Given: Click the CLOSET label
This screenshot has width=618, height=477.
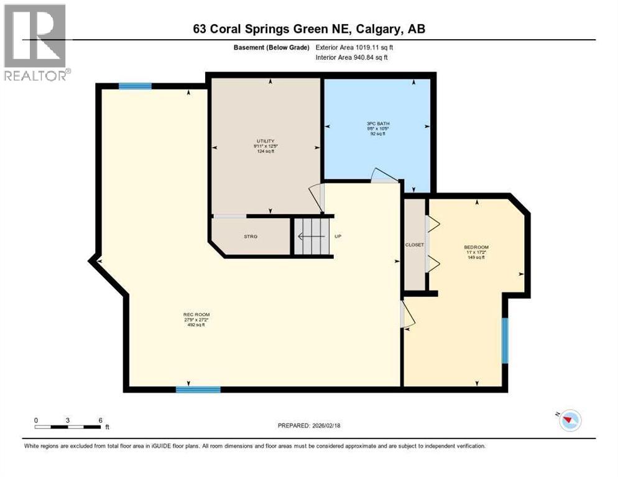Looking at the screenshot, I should tap(414, 245).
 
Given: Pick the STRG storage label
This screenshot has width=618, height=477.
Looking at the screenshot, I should tap(251, 237).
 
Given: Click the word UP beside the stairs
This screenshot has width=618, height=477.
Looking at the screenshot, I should tap(338, 236).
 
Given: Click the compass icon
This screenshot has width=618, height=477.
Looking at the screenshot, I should tap(569, 420).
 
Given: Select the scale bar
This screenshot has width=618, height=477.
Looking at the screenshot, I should tap(68, 427).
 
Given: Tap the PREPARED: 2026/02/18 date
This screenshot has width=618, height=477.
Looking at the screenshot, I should tap(310, 425).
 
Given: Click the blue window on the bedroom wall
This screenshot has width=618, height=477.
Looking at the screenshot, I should tap(505, 340).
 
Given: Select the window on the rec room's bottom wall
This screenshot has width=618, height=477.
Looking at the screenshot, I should tap(198, 389).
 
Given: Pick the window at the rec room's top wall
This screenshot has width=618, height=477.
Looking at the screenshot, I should tap(135, 86).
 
